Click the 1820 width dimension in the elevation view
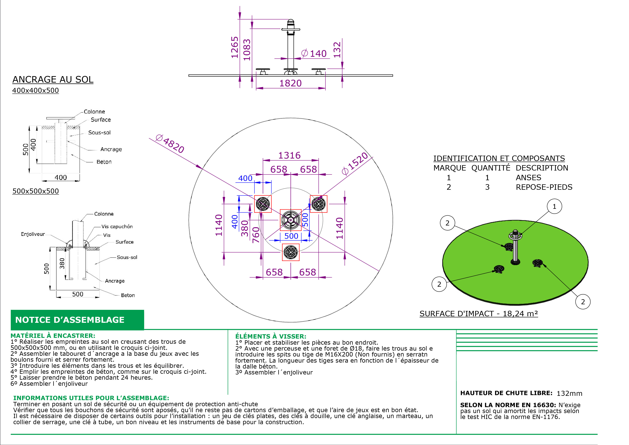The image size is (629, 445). click(290, 83)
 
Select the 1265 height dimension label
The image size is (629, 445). click(235, 47)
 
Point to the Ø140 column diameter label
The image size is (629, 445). click(314, 53)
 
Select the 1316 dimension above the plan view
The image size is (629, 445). click(290, 155)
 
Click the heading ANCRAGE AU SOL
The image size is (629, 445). click(53, 80)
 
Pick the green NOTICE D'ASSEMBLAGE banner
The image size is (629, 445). click(77, 320)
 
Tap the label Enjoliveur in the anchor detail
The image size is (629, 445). click(33, 234)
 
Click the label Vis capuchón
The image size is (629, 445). click(117, 227)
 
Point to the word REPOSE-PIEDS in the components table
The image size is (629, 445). click(544, 187)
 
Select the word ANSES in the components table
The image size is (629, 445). click(528, 178)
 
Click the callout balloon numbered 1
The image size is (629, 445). click(554, 206)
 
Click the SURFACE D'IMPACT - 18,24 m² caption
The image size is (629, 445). click(479, 314)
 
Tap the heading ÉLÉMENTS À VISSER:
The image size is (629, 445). click(271, 336)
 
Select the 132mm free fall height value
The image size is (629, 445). click(569, 393)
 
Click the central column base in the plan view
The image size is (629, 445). click(291, 220)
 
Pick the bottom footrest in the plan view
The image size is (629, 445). click(291, 252)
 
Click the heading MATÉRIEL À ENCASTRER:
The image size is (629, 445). click(53, 336)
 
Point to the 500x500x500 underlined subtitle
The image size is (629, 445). click(36, 191)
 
